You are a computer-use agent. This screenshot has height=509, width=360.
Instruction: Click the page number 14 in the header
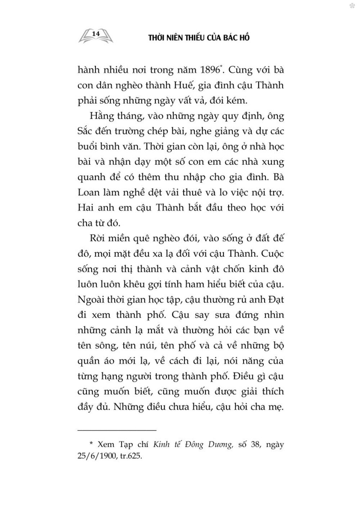[96, 33]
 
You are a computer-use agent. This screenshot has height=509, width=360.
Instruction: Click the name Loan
[89, 192]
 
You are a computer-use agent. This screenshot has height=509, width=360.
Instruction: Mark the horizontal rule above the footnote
[117, 430]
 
